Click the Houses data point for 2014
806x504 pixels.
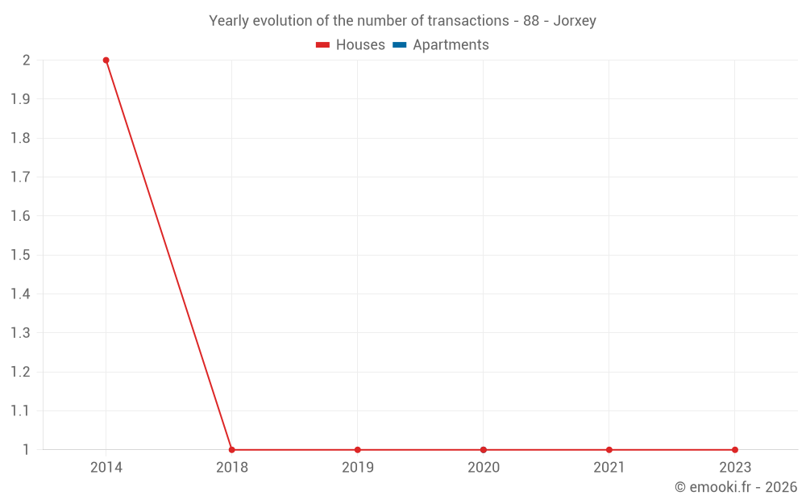106,60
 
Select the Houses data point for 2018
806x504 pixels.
232,450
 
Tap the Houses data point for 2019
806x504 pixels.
358,450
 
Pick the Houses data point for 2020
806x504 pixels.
484,450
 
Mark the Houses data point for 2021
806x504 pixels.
609,450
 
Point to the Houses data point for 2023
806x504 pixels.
735,450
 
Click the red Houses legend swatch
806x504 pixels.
323,45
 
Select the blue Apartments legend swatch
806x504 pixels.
400,45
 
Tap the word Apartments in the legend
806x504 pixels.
451,45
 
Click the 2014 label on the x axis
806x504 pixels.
106,468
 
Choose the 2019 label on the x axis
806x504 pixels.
358,468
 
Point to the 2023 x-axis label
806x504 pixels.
735,468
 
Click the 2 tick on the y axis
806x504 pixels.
27,60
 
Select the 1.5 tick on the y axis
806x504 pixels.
20,256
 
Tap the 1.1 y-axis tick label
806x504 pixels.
20,411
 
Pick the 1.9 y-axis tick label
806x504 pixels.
20,99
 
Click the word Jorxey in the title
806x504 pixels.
575,21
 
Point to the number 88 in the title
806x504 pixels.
531,21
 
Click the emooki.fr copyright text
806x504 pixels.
736,487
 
